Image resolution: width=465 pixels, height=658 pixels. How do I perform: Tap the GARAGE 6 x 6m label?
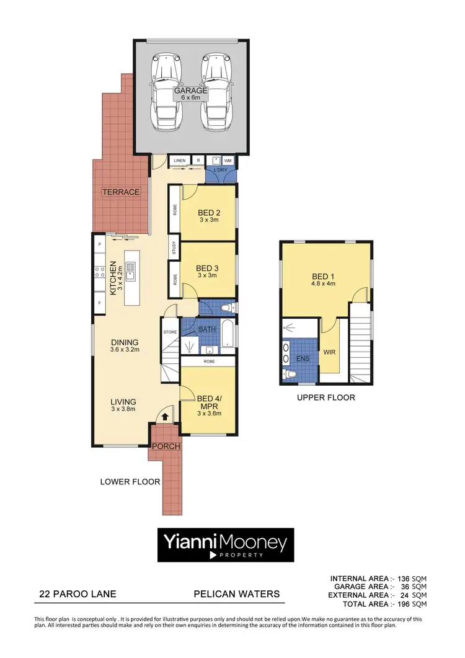pyautogui.click(x=190, y=94)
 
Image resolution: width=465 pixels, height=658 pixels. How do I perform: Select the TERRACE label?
pyautogui.click(x=122, y=192)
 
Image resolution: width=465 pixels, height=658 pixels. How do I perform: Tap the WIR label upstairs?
pyautogui.click(x=329, y=352)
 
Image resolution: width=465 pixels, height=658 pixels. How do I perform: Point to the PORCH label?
pyautogui.click(x=166, y=446)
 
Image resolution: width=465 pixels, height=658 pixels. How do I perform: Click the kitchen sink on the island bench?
pyautogui.click(x=131, y=269)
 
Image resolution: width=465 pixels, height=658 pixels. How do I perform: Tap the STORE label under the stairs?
pyautogui.click(x=170, y=332)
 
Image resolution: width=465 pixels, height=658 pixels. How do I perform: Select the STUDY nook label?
pyautogui.click(x=174, y=248)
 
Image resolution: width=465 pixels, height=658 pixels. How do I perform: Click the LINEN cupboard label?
pyautogui.click(x=180, y=161)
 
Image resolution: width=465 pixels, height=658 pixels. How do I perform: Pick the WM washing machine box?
pyautogui.click(x=228, y=161)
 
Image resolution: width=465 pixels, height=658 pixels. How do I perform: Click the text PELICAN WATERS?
pyautogui.click(x=237, y=594)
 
